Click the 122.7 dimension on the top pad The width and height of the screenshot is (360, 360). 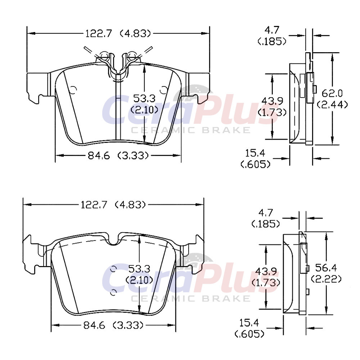tap(99, 34)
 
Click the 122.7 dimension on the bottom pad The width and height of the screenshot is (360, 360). tap(94, 204)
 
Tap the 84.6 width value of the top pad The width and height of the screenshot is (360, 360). tap(99, 156)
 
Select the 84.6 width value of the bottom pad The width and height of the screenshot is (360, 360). tap(94, 325)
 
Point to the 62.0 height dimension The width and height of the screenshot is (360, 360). tap(332, 94)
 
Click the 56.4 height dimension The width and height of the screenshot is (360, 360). tap(326, 267)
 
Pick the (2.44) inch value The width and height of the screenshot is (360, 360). tap(332, 105)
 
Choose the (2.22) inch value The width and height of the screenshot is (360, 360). tap(326, 279)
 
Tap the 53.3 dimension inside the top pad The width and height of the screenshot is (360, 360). tap(144, 99)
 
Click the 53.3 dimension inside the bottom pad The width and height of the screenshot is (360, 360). tap(139, 269)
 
